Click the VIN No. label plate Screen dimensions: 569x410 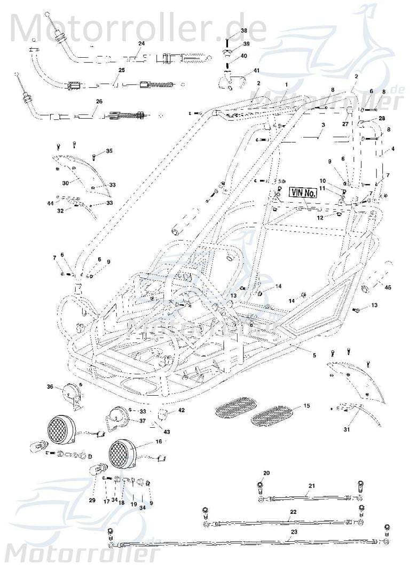303,193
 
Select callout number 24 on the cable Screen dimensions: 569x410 141,43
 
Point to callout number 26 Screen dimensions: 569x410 99,101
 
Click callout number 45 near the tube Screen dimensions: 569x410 388,287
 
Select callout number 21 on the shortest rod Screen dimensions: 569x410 312,486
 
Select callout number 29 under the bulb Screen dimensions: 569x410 92,501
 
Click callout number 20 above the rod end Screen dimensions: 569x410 267,473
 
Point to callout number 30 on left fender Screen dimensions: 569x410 65,182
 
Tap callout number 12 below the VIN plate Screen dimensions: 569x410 320,218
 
